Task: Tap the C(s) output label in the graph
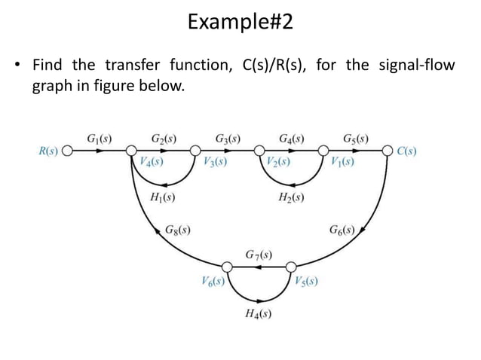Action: pyautogui.click(x=407, y=151)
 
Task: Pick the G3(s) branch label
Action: pyautogui.click(x=228, y=139)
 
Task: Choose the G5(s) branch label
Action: pyautogui.click(x=356, y=139)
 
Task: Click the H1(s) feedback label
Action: pyautogui.click(x=164, y=199)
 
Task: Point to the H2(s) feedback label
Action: pyautogui.click(x=291, y=199)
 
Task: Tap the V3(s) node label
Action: pyautogui.click(x=216, y=161)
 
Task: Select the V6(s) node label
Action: pyautogui.click(x=213, y=282)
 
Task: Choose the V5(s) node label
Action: pyautogui.click(x=305, y=282)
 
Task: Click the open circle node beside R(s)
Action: pyautogui.click(x=67, y=151)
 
